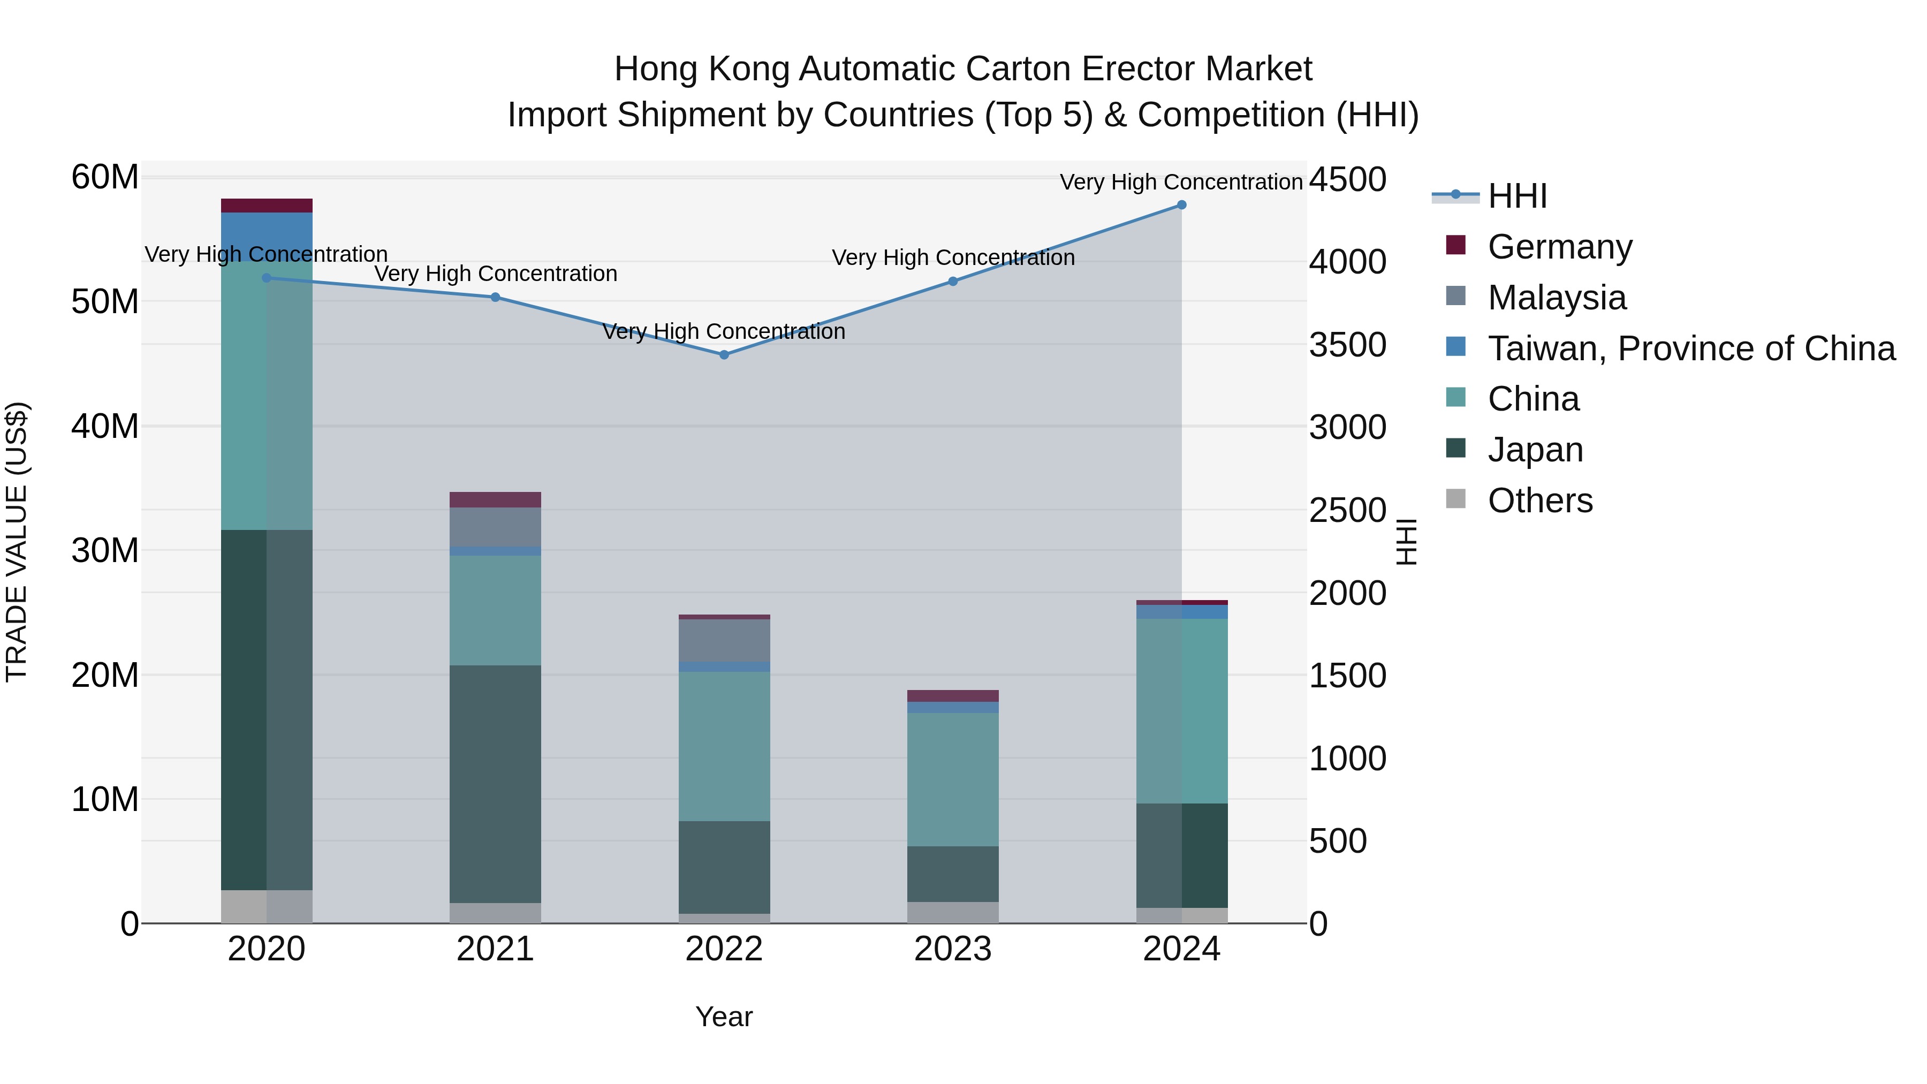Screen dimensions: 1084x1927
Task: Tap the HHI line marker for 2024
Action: coord(1181,205)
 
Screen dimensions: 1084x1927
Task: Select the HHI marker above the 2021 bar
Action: coord(495,297)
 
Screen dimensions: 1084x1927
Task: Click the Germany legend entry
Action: coord(1560,246)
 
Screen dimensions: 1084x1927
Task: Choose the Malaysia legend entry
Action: coord(1557,297)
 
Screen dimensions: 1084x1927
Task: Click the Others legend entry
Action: coord(1539,500)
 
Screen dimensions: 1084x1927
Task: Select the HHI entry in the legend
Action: coord(1517,195)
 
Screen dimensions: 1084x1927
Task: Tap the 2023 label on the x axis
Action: coord(952,949)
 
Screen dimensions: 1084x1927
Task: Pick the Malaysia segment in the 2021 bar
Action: coord(495,527)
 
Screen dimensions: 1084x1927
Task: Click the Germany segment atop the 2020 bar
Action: coord(267,206)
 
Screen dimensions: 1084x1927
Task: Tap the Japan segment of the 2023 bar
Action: coord(952,874)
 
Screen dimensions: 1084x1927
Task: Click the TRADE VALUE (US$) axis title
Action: coord(17,542)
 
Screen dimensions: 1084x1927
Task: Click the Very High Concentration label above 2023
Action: coord(952,257)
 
